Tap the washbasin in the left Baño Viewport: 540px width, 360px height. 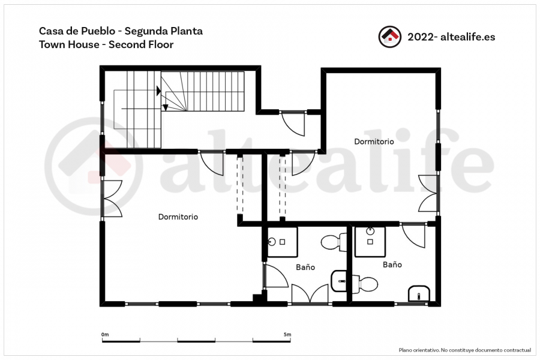338,281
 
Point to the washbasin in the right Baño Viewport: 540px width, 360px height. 419,293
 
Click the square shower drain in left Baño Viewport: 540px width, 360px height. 283,242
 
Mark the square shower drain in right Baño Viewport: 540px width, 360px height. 370,242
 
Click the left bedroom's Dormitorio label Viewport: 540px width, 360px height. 178,217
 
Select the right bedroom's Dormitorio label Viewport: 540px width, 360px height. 374,141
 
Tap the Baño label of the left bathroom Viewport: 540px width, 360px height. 305,267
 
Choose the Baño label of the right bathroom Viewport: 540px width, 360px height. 392,264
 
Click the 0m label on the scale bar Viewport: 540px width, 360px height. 105,334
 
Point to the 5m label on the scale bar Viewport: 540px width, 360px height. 287,334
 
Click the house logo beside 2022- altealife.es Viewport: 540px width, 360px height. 390,37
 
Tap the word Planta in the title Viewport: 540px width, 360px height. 188,31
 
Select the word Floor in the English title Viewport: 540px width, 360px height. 161,44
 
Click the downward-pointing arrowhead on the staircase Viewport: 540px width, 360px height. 166,107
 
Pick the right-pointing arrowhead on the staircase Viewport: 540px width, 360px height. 158,91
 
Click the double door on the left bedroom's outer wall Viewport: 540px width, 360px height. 112,199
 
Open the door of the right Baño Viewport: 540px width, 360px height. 413,236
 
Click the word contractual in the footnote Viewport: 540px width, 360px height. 517,350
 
